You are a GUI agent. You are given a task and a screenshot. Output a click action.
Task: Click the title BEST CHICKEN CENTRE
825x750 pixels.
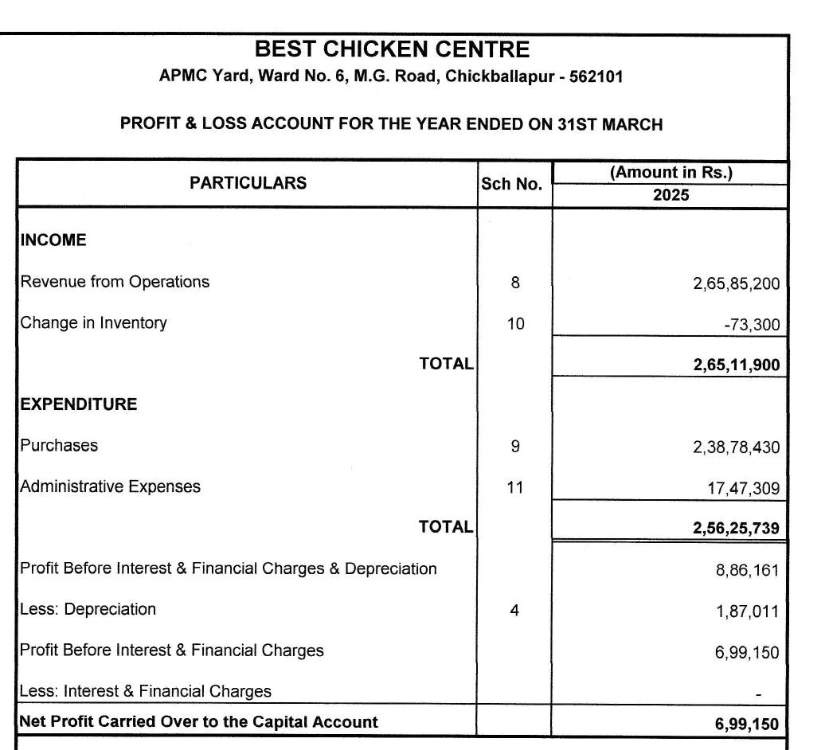pos(392,50)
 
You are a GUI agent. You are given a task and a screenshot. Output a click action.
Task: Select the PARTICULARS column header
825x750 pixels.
pos(248,183)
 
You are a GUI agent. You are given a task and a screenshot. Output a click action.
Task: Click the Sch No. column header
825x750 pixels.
pos(511,185)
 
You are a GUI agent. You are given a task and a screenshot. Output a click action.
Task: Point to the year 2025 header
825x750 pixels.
pos(671,195)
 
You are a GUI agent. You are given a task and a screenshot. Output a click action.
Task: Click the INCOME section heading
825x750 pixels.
pos(53,240)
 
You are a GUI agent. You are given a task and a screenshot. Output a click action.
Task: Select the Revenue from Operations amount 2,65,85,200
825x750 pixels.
pos(736,283)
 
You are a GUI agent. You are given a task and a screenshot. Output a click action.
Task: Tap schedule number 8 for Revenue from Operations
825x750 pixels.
pos(515,282)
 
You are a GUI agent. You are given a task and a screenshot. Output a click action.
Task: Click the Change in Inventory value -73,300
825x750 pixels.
pos(753,325)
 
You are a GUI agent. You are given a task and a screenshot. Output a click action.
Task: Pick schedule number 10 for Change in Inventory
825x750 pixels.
pos(515,323)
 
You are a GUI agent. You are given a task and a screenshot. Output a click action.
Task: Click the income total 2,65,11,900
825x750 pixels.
pos(736,365)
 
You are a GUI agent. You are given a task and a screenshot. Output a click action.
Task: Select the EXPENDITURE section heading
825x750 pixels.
pos(79,404)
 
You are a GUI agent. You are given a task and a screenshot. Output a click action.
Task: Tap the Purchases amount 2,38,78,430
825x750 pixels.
pos(736,447)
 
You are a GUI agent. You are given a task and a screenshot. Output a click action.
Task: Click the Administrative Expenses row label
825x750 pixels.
pos(111,486)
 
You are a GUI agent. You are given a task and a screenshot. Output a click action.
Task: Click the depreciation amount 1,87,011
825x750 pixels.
pos(748,611)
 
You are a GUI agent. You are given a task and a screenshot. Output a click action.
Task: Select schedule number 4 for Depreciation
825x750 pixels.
pos(515,611)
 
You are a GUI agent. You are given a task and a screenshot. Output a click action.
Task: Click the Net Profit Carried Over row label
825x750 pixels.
pos(199,722)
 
